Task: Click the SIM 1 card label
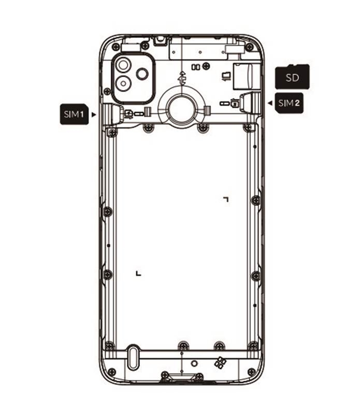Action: click(x=74, y=114)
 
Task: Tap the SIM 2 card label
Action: click(x=289, y=103)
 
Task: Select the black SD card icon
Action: click(x=293, y=77)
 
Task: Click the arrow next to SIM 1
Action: click(x=94, y=114)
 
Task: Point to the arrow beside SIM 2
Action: click(x=270, y=103)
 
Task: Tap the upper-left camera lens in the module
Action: click(x=123, y=65)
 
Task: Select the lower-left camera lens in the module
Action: click(x=123, y=83)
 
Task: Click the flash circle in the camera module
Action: click(x=142, y=74)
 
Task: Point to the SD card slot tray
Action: click(x=243, y=76)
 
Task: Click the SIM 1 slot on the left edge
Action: click(x=113, y=114)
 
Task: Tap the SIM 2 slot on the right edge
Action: click(x=250, y=102)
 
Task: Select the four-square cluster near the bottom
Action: click(x=220, y=362)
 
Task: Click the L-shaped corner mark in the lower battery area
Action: click(x=138, y=273)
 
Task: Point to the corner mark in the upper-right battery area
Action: click(x=226, y=199)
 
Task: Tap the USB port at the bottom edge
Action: click(x=182, y=377)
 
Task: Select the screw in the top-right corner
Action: click(x=249, y=48)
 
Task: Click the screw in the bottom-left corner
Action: click(x=112, y=372)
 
